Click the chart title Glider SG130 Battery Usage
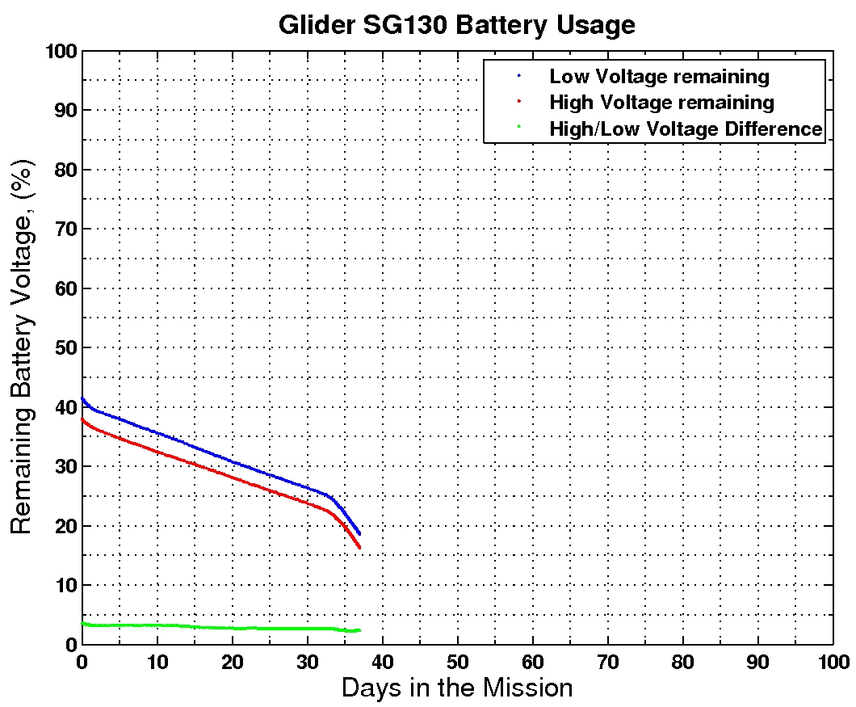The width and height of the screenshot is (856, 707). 456,24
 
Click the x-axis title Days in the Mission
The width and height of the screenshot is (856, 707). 457,688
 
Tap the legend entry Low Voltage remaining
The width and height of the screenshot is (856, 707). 659,77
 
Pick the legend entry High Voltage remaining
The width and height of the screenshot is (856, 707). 661,103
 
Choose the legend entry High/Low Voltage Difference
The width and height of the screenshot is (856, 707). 686,128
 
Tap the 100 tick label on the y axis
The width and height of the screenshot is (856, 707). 61,51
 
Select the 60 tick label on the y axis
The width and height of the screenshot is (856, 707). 65,288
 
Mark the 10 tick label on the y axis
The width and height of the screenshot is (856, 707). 65,585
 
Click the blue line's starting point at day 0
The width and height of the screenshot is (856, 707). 82,398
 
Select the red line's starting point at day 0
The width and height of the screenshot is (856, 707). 82,419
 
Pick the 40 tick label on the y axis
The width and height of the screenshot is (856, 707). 65,407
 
